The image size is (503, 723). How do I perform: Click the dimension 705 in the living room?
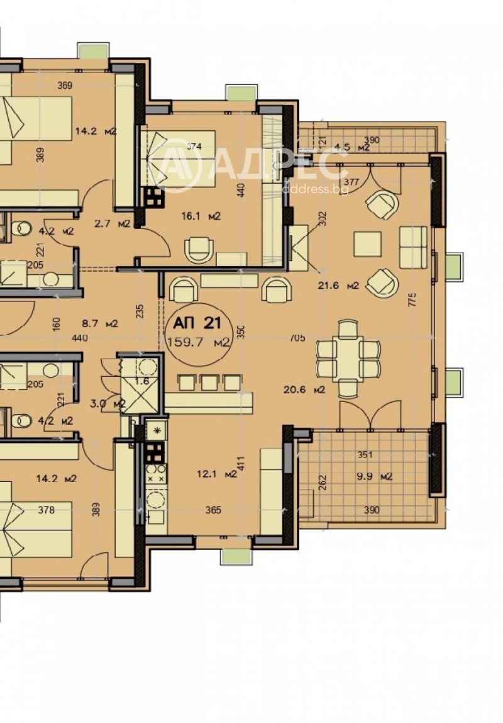tap(297, 338)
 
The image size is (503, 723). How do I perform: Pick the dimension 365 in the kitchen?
tap(213, 510)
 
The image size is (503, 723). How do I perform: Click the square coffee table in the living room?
tap(367, 244)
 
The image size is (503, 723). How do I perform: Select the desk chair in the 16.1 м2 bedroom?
tap(199, 249)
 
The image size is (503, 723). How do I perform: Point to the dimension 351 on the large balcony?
tap(366, 454)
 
